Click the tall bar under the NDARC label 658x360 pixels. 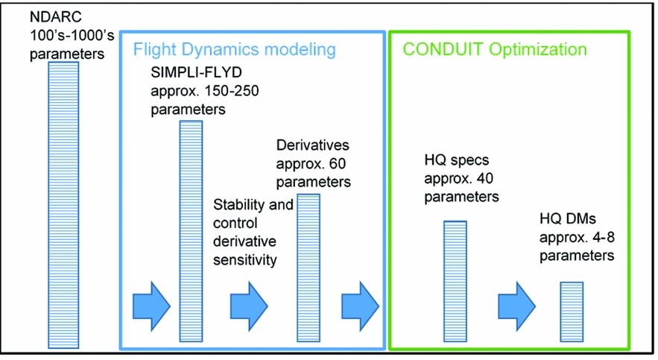pos(63,201)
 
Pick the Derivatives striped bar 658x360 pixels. pos(309,268)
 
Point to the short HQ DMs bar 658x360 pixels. pos(571,312)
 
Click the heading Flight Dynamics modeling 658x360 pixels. pos(234,50)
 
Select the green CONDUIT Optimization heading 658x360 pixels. pos(495,50)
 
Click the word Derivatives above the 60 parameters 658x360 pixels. pos(312,145)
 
